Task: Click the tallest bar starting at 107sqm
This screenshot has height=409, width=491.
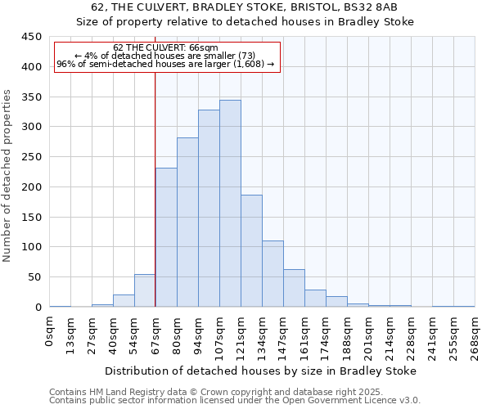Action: click(x=230, y=204)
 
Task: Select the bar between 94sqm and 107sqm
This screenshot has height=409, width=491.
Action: click(x=209, y=209)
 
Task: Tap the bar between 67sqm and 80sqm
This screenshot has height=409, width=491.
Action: click(x=166, y=237)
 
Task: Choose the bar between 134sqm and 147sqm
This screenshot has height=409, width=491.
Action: click(x=273, y=274)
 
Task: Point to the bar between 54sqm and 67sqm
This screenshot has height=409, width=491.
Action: click(x=145, y=291)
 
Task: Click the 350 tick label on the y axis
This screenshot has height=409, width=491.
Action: click(x=31, y=97)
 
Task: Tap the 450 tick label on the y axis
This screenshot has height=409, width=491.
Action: click(x=31, y=37)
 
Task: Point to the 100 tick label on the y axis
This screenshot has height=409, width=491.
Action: click(x=31, y=247)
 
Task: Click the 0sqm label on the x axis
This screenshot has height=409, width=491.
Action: click(x=50, y=331)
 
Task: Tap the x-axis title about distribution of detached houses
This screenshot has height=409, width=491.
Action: click(x=261, y=371)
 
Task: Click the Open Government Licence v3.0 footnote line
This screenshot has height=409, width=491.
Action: click(x=235, y=400)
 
